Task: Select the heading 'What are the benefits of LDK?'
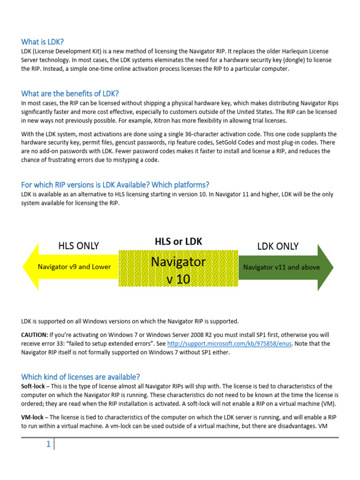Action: [73, 93]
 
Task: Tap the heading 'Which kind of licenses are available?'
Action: [81, 377]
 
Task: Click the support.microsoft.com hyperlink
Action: [229, 344]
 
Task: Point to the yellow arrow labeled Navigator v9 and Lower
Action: [70, 267]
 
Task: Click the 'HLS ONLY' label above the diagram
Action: [79, 246]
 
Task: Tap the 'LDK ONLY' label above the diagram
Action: [277, 246]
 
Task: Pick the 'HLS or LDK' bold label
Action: [178, 241]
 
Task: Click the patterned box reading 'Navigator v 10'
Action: [178, 270]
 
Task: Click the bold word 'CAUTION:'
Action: [34, 335]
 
